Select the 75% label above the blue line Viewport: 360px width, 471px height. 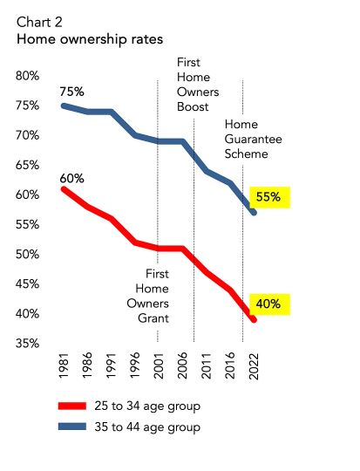(72, 91)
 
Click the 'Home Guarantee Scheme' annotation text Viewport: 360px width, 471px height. (245, 138)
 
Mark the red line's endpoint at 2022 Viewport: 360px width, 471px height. (254, 320)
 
